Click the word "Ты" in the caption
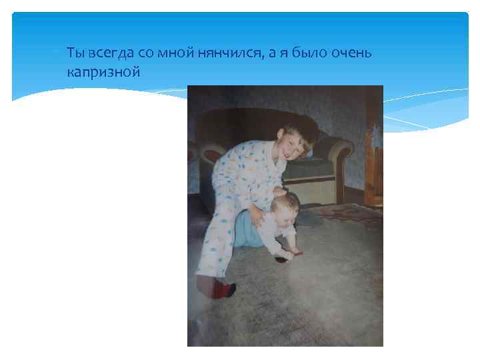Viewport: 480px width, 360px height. [x=75, y=54]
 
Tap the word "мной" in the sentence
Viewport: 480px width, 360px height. [x=176, y=54]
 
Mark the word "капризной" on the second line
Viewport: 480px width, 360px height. [x=103, y=70]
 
